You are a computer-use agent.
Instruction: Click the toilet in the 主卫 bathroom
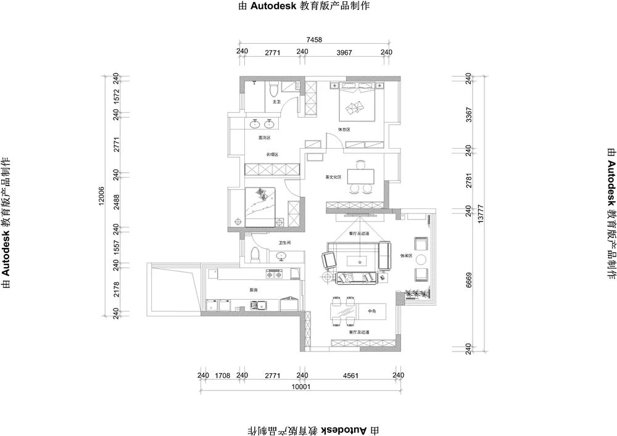[274, 91]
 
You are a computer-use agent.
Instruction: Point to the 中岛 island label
[371, 310]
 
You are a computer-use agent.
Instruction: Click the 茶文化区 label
[333, 177]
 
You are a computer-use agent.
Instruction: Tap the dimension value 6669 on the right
[469, 283]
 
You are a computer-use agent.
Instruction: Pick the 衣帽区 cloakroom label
[272, 154]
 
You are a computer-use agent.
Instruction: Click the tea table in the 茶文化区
[360, 176]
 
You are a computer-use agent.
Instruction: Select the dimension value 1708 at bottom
[222, 375]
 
